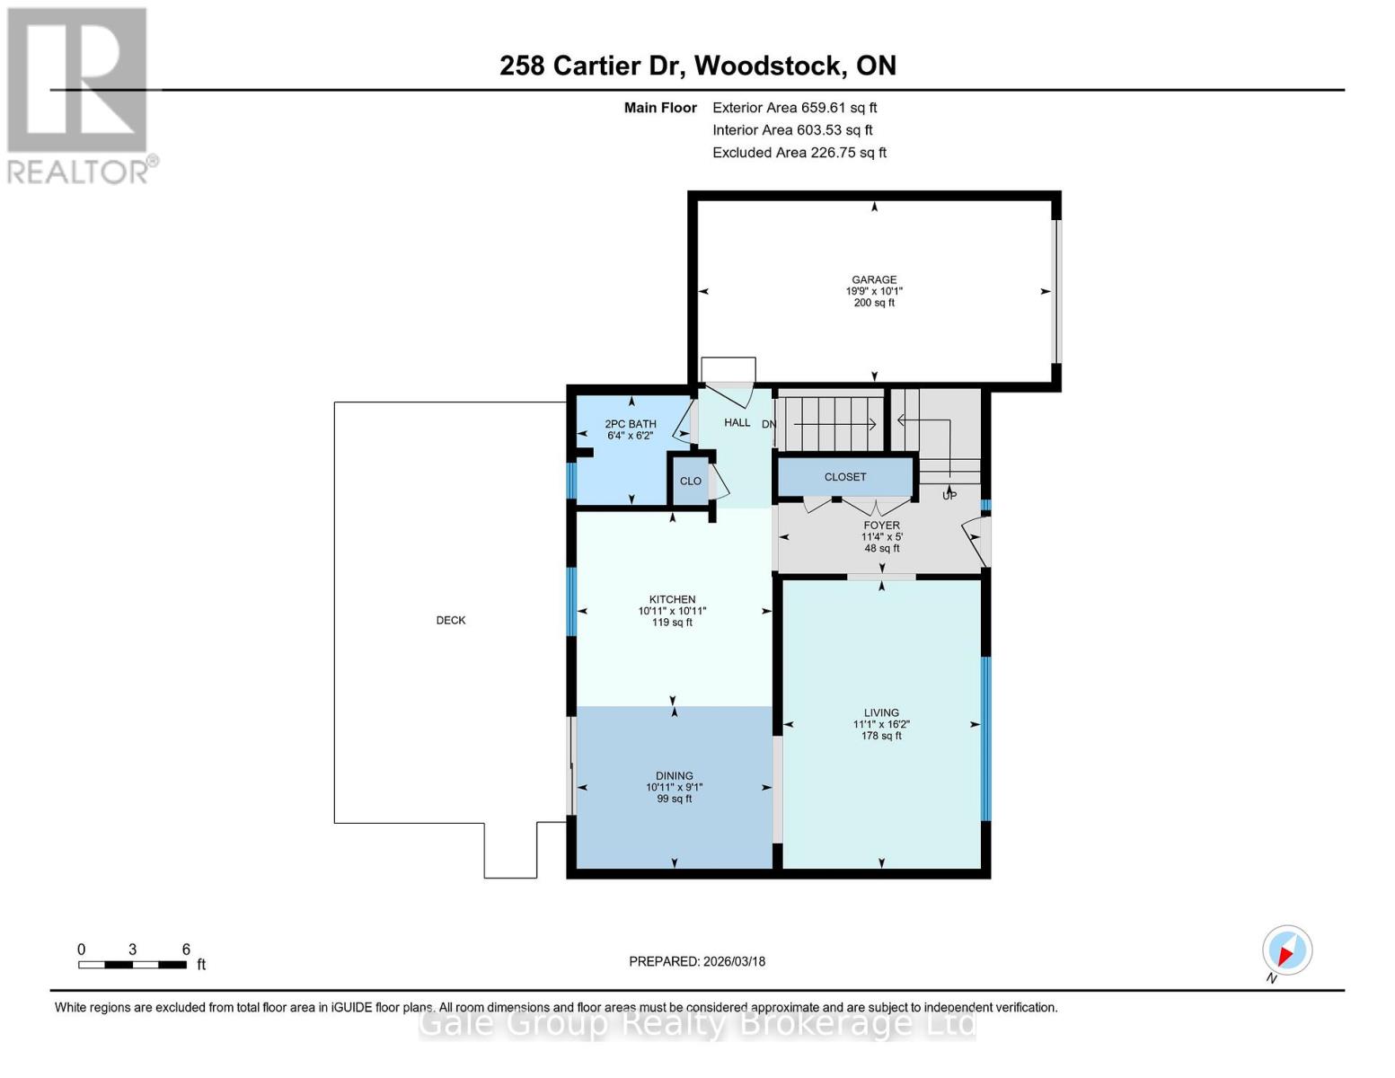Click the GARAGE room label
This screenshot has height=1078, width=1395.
click(x=874, y=279)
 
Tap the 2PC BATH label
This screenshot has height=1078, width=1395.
click(x=630, y=424)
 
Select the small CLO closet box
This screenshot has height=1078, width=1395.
click(x=690, y=481)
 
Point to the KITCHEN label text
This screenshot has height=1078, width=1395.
click(x=672, y=599)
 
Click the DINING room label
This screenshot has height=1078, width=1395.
click(x=674, y=775)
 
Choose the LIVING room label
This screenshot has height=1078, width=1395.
click(x=881, y=712)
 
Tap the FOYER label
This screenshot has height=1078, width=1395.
click(x=881, y=526)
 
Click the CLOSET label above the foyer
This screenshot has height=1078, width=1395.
click(x=845, y=477)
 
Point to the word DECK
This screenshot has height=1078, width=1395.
click(x=451, y=620)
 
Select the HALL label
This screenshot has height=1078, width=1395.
click(x=737, y=422)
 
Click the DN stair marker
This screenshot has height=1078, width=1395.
click(x=769, y=424)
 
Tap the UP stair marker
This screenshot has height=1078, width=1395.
click(x=949, y=495)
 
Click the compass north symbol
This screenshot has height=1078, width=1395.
click(x=1287, y=950)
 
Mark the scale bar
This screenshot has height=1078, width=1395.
click(x=132, y=965)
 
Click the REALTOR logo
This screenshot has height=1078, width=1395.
click(x=79, y=94)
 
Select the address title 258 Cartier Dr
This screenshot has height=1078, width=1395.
click(x=697, y=66)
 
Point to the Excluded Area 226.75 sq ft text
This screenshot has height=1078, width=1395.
click(x=799, y=153)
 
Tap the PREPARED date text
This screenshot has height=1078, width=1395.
click(x=697, y=961)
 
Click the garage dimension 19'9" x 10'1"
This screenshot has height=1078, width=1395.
click(x=874, y=291)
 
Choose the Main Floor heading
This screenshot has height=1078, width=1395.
click(x=660, y=108)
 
